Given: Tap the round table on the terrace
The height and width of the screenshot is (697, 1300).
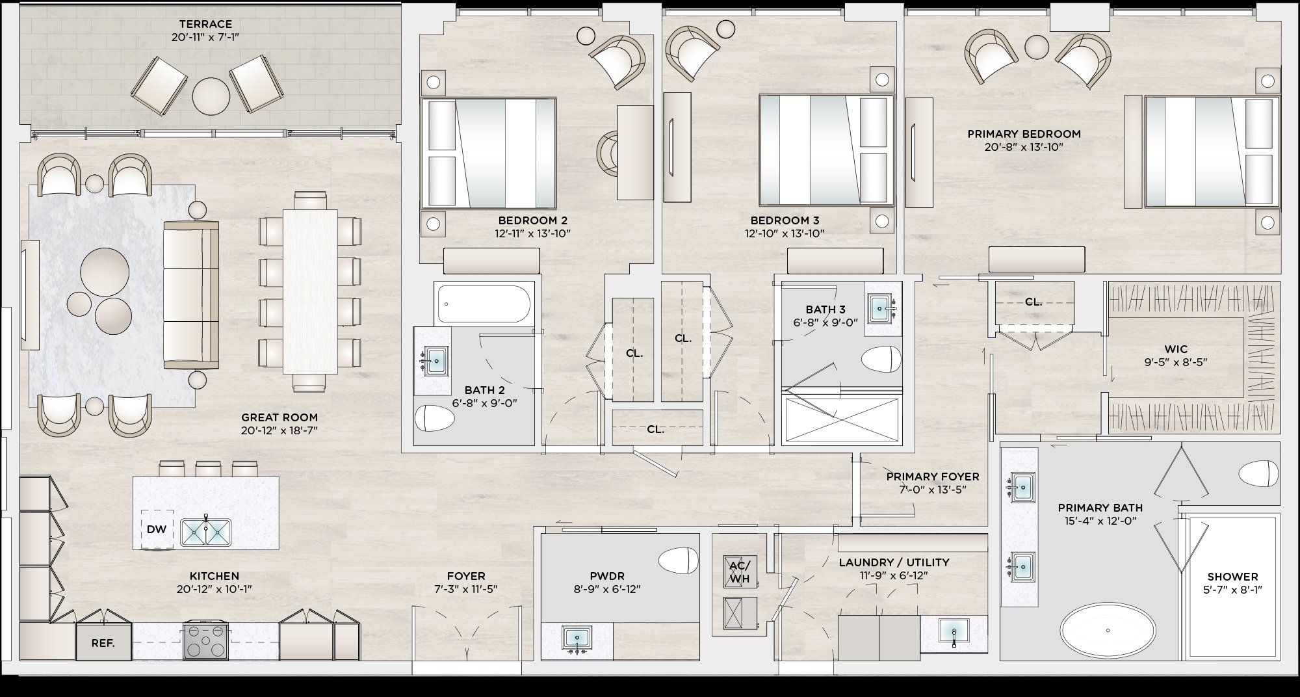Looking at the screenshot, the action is tap(211, 97).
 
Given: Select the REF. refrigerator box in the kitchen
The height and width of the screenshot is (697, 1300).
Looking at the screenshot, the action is tap(103, 642).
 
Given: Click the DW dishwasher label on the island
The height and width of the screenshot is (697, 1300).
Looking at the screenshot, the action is tap(157, 529).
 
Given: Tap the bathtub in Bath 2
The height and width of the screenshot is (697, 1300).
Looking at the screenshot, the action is tap(484, 303).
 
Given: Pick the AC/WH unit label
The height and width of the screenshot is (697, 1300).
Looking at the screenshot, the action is tap(740, 572).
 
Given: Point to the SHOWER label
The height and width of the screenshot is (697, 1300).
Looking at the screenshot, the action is tap(1232, 577).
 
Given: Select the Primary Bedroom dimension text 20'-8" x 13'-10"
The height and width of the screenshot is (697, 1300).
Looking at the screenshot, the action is tap(1024, 147).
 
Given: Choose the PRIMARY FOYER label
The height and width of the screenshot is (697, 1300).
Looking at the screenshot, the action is tap(933, 477).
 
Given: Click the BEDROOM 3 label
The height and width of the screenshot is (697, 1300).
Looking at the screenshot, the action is tap(785, 220).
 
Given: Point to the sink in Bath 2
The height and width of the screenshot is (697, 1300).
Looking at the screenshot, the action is tap(434, 359).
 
